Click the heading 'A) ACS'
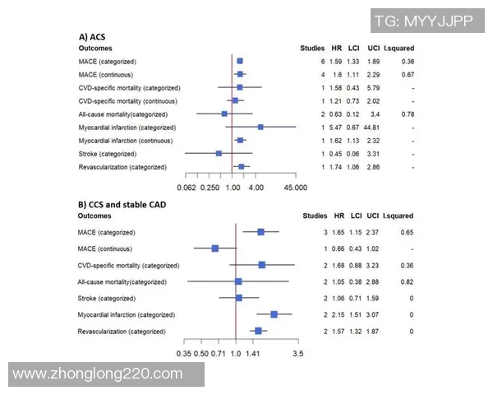(x=91, y=37)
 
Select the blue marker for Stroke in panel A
(x=219, y=154)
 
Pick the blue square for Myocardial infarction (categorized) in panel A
(x=260, y=128)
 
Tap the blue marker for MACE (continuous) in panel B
(x=215, y=248)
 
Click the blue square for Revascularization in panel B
(x=258, y=331)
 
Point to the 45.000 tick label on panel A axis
(x=295, y=188)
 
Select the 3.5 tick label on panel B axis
(x=298, y=353)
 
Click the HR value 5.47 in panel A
(x=336, y=128)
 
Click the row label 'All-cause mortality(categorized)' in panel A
(x=122, y=114)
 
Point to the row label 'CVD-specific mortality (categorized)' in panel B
(x=128, y=265)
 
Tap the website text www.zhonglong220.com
(x=98, y=374)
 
